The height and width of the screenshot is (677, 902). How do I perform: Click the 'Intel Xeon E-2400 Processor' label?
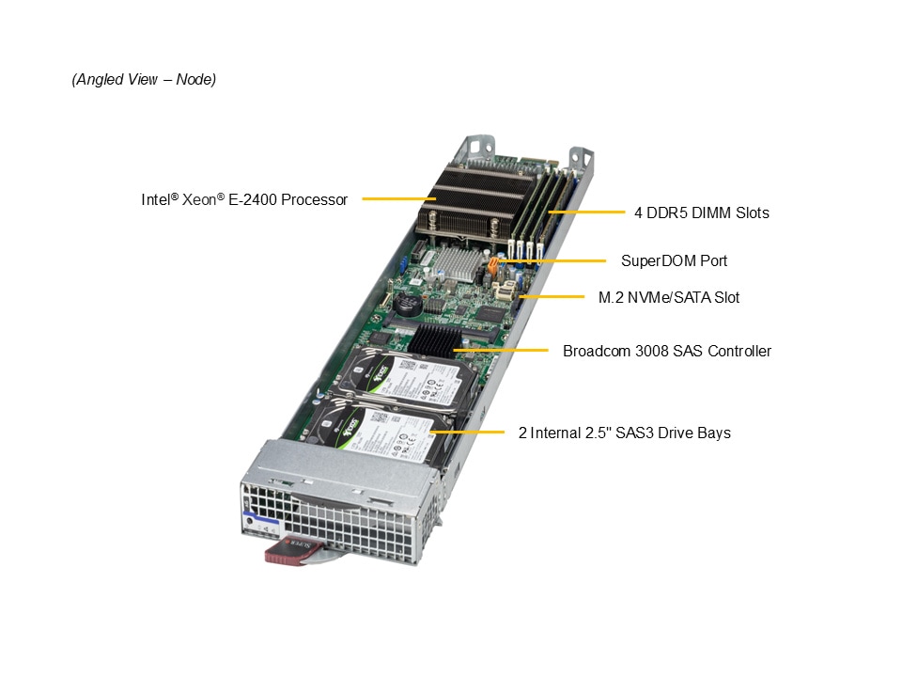pyautogui.click(x=244, y=199)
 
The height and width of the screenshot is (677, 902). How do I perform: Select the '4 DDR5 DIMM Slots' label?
pyautogui.click(x=701, y=213)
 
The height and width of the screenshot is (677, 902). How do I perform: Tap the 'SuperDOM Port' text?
pyautogui.click(x=674, y=260)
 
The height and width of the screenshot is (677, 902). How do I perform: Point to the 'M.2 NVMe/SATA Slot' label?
pyautogui.click(x=668, y=298)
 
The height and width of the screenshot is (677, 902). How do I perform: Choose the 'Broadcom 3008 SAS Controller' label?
pyautogui.click(x=667, y=351)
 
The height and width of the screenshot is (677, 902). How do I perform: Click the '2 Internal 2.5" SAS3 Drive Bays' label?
pyautogui.click(x=624, y=433)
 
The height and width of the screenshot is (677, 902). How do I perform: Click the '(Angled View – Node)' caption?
pyautogui.click(x=144, y=79)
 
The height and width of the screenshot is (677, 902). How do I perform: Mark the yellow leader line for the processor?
pyautogui.click(x=398, y=199)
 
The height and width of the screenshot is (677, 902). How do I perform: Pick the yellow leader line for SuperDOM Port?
pyautogui.click(x=552, y=260)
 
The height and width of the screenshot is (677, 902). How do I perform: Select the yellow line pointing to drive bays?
pyautogui.click(x=467, y=432)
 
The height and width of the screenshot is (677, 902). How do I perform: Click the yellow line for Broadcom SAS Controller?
pyautogui.click(x=501, y=350)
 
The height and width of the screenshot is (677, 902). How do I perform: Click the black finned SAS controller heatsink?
pyautogui.click(x=435, y=339)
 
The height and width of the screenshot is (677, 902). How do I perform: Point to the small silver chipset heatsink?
pyautogui.click(x=459, y=264)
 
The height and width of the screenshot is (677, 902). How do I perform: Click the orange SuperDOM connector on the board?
pyautogui.click(x=493, y=266)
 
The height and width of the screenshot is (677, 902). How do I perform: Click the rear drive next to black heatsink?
pyautogui.click(x=406, y=379)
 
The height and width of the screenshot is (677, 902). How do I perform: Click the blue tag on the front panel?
pyautogui.click(x=262, y=517)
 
